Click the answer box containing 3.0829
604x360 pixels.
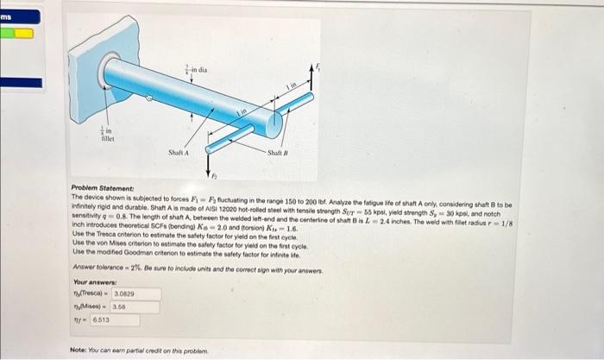tap(124, 294)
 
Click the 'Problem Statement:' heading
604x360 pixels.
tap(98, 188)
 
